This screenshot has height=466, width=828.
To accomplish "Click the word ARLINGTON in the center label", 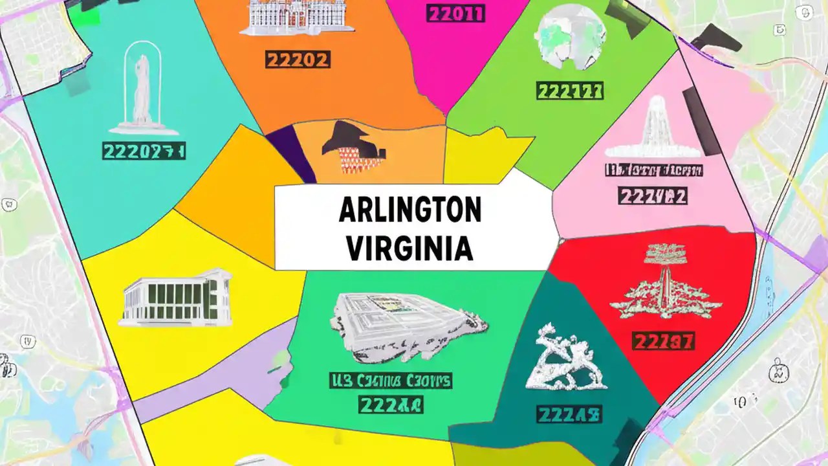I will [409, 211].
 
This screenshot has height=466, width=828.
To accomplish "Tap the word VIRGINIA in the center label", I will [409, 248].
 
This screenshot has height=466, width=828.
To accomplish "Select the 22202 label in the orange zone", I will [298, 60].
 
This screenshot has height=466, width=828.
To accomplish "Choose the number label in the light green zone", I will [570, 90].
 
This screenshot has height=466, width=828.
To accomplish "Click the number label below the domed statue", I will [144, 152].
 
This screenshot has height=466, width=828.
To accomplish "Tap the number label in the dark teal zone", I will [570, 412].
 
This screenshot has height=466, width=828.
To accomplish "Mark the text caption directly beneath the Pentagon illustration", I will [391, 381].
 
